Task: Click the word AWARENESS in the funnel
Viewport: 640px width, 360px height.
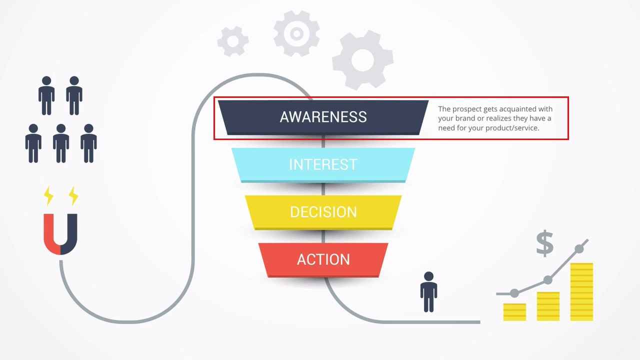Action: click(323, 117)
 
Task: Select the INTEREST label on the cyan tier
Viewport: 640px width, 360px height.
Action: click(323, 164)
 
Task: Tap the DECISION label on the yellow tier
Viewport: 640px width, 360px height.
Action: click(323, 212)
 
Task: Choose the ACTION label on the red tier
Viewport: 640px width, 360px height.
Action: click(323, 259)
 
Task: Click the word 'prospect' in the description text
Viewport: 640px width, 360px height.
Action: click(467, 109)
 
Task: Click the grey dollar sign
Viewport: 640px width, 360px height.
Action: click(544, 243)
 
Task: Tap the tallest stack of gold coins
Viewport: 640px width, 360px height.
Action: click(581, 291)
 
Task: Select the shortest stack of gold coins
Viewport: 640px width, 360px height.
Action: click(514, 312)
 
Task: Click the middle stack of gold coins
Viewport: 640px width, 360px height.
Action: click(548, 306)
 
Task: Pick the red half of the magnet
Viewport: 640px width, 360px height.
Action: click(52, 234)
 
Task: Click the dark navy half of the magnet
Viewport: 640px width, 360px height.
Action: click(69, 234)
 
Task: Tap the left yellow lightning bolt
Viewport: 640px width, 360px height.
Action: click(48, 195)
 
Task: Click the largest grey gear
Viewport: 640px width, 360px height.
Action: click(362, 60)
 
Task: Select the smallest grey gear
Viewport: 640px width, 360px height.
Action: click(233, 41)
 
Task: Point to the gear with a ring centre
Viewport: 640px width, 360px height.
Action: click(296, 33)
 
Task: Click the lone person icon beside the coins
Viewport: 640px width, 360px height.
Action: click(428, 291)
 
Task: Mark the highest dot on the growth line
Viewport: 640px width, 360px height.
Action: click(579, 249)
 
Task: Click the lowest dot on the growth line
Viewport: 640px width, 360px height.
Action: click(514, 293)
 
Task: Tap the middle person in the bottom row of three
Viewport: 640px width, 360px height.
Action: click(61, 143)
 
